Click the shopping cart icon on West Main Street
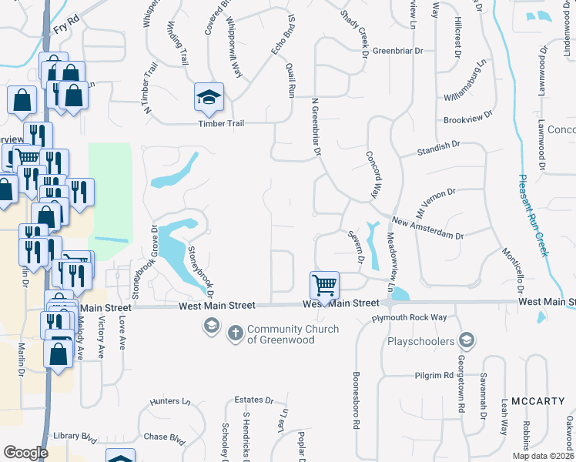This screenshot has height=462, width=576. coord(325,286)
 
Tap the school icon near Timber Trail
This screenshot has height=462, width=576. coord(208,97)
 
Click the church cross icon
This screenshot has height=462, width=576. coord(235,334)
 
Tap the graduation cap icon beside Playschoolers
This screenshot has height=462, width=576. coord(465,339)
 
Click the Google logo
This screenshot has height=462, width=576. coord(25,453)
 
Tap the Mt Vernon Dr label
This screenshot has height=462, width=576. coord(436,201)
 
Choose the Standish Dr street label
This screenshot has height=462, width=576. coord(437,149)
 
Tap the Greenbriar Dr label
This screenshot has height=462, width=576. coord(398,51)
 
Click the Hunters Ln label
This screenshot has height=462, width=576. coord(170,401)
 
